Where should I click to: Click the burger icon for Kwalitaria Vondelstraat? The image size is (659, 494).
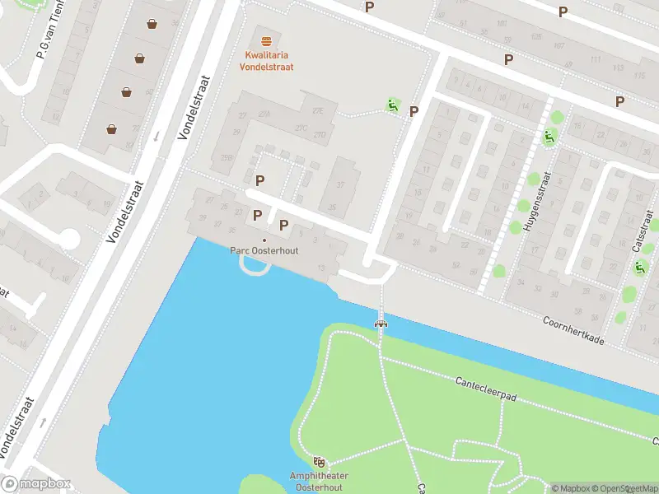click(x=265, y=40)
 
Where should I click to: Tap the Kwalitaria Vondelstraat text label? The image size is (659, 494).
click(x=265, y=61)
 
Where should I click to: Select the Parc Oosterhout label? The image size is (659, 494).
click(x=264, y=251)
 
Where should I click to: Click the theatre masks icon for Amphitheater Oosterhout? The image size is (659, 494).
click(x=320, y=463)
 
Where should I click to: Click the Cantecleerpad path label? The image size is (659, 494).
click(x=486, y=389)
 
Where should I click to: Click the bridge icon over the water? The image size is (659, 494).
click(x=381, y=323)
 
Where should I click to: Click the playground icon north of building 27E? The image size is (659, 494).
click(x=394, y=105)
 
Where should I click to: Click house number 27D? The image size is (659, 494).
click(x=320, y=134)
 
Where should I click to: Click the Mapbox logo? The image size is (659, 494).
click(x=36, y=484)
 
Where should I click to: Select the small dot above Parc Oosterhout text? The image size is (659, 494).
click(x=264, y=240)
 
